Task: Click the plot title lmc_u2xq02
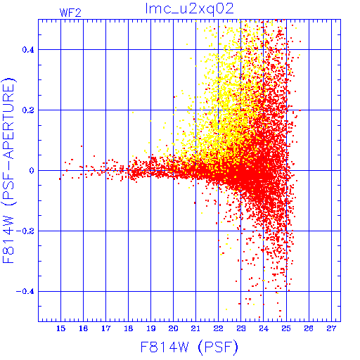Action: tap(189, 9)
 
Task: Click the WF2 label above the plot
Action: tap(70, 13)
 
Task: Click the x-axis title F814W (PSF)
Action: tap(189, 347)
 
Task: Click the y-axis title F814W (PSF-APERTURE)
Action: tap(9, 170)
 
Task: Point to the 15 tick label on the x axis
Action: tap(60, 328)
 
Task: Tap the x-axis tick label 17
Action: tap(105, 328)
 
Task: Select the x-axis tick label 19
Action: tap(150, 328)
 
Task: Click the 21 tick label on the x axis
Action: tap(195, 328)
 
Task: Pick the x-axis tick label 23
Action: tap(240, 328)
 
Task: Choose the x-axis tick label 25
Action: tap(286, 328)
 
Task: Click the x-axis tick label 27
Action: tap(331, 328)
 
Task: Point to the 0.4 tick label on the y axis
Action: tap(28, 50)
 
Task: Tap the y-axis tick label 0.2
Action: tap(28, 110)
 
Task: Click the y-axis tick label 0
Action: tap(32, 171)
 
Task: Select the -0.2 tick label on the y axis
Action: tap(25, 231)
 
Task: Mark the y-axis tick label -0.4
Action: tap(25, 292)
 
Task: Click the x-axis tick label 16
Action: tap(83, 328)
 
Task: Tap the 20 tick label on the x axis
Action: tap(173, 328)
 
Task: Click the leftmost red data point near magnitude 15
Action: tap(60, 179)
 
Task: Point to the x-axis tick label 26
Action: tap(309, 328)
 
